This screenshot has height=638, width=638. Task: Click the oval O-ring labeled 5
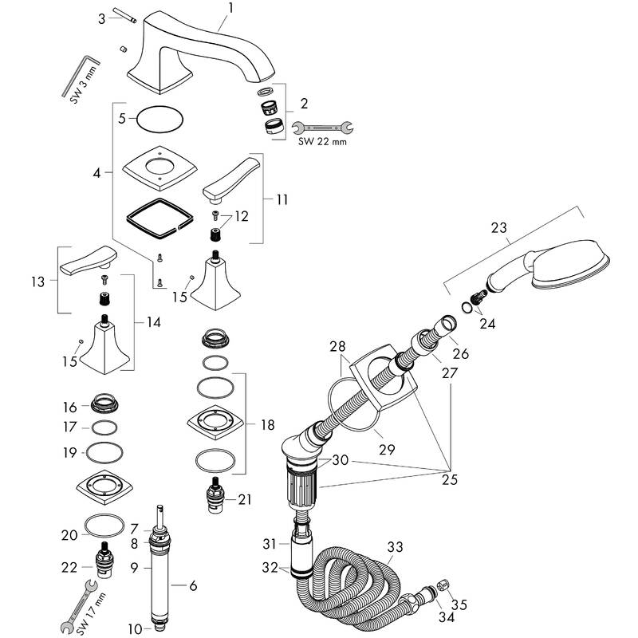click(159, 120)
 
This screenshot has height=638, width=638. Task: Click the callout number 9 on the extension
click(136, 568)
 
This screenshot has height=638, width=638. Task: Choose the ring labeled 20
click(104, 527)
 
